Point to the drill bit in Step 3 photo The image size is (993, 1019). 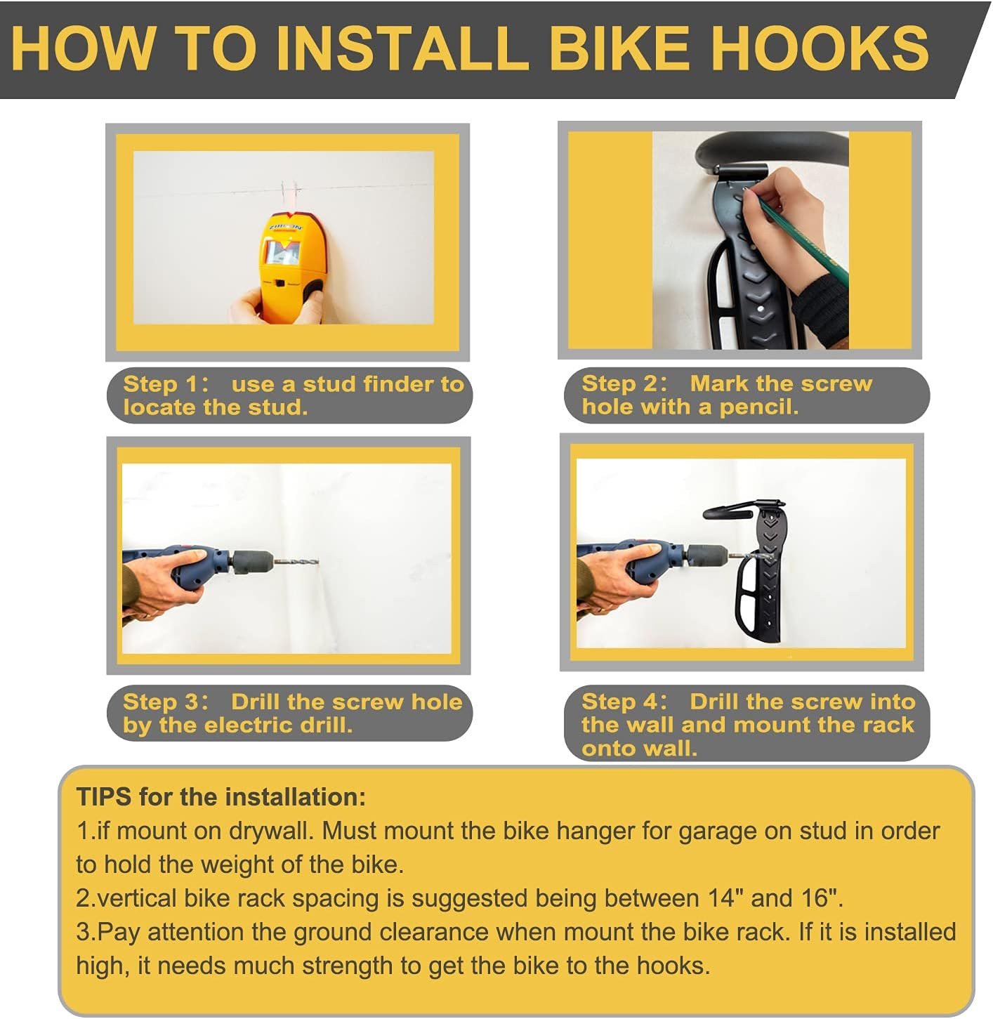click(x=295, y=561)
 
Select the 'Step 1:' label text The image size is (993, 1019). click(x=166, y=384)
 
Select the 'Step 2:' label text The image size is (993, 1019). click(x=624, y=383)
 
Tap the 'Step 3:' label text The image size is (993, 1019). click(x=166, y=702)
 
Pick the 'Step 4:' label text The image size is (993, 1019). click(x=624, y=702)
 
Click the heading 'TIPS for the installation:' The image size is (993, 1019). click(x=221, y=797)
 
